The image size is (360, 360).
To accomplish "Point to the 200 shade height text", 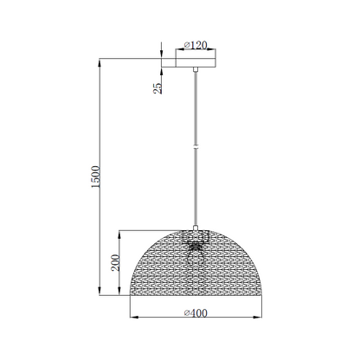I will point(115,264).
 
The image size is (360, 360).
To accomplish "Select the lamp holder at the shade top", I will point(198,235).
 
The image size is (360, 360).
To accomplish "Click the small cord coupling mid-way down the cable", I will point(198,148).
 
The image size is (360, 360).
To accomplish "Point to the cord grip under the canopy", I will point(198,68).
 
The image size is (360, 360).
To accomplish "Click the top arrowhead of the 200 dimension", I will point(121,232).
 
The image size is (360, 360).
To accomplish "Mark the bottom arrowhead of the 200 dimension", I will point(121,295).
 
